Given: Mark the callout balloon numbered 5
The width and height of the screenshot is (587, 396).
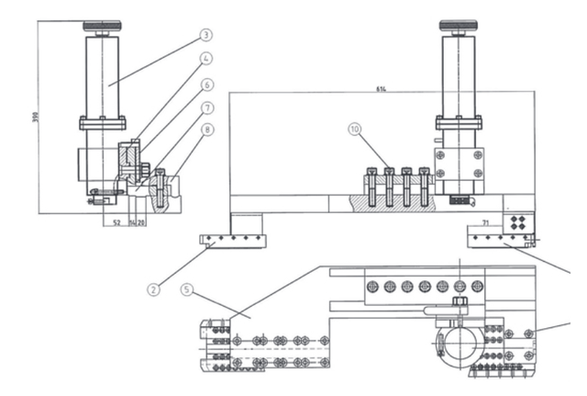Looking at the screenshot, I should click(x=187, y=289).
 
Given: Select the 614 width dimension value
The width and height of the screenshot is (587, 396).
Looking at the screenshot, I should click(x=380, y=89).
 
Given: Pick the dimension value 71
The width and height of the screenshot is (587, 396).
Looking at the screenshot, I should click(x=484, y=223).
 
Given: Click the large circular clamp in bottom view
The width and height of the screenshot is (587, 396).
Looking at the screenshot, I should click(x=459, y=342).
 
